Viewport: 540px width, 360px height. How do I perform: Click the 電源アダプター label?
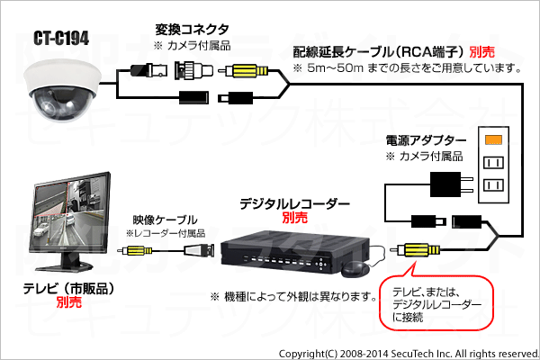click(425, 141)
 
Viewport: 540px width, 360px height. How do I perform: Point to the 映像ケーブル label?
click(166, 219)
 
